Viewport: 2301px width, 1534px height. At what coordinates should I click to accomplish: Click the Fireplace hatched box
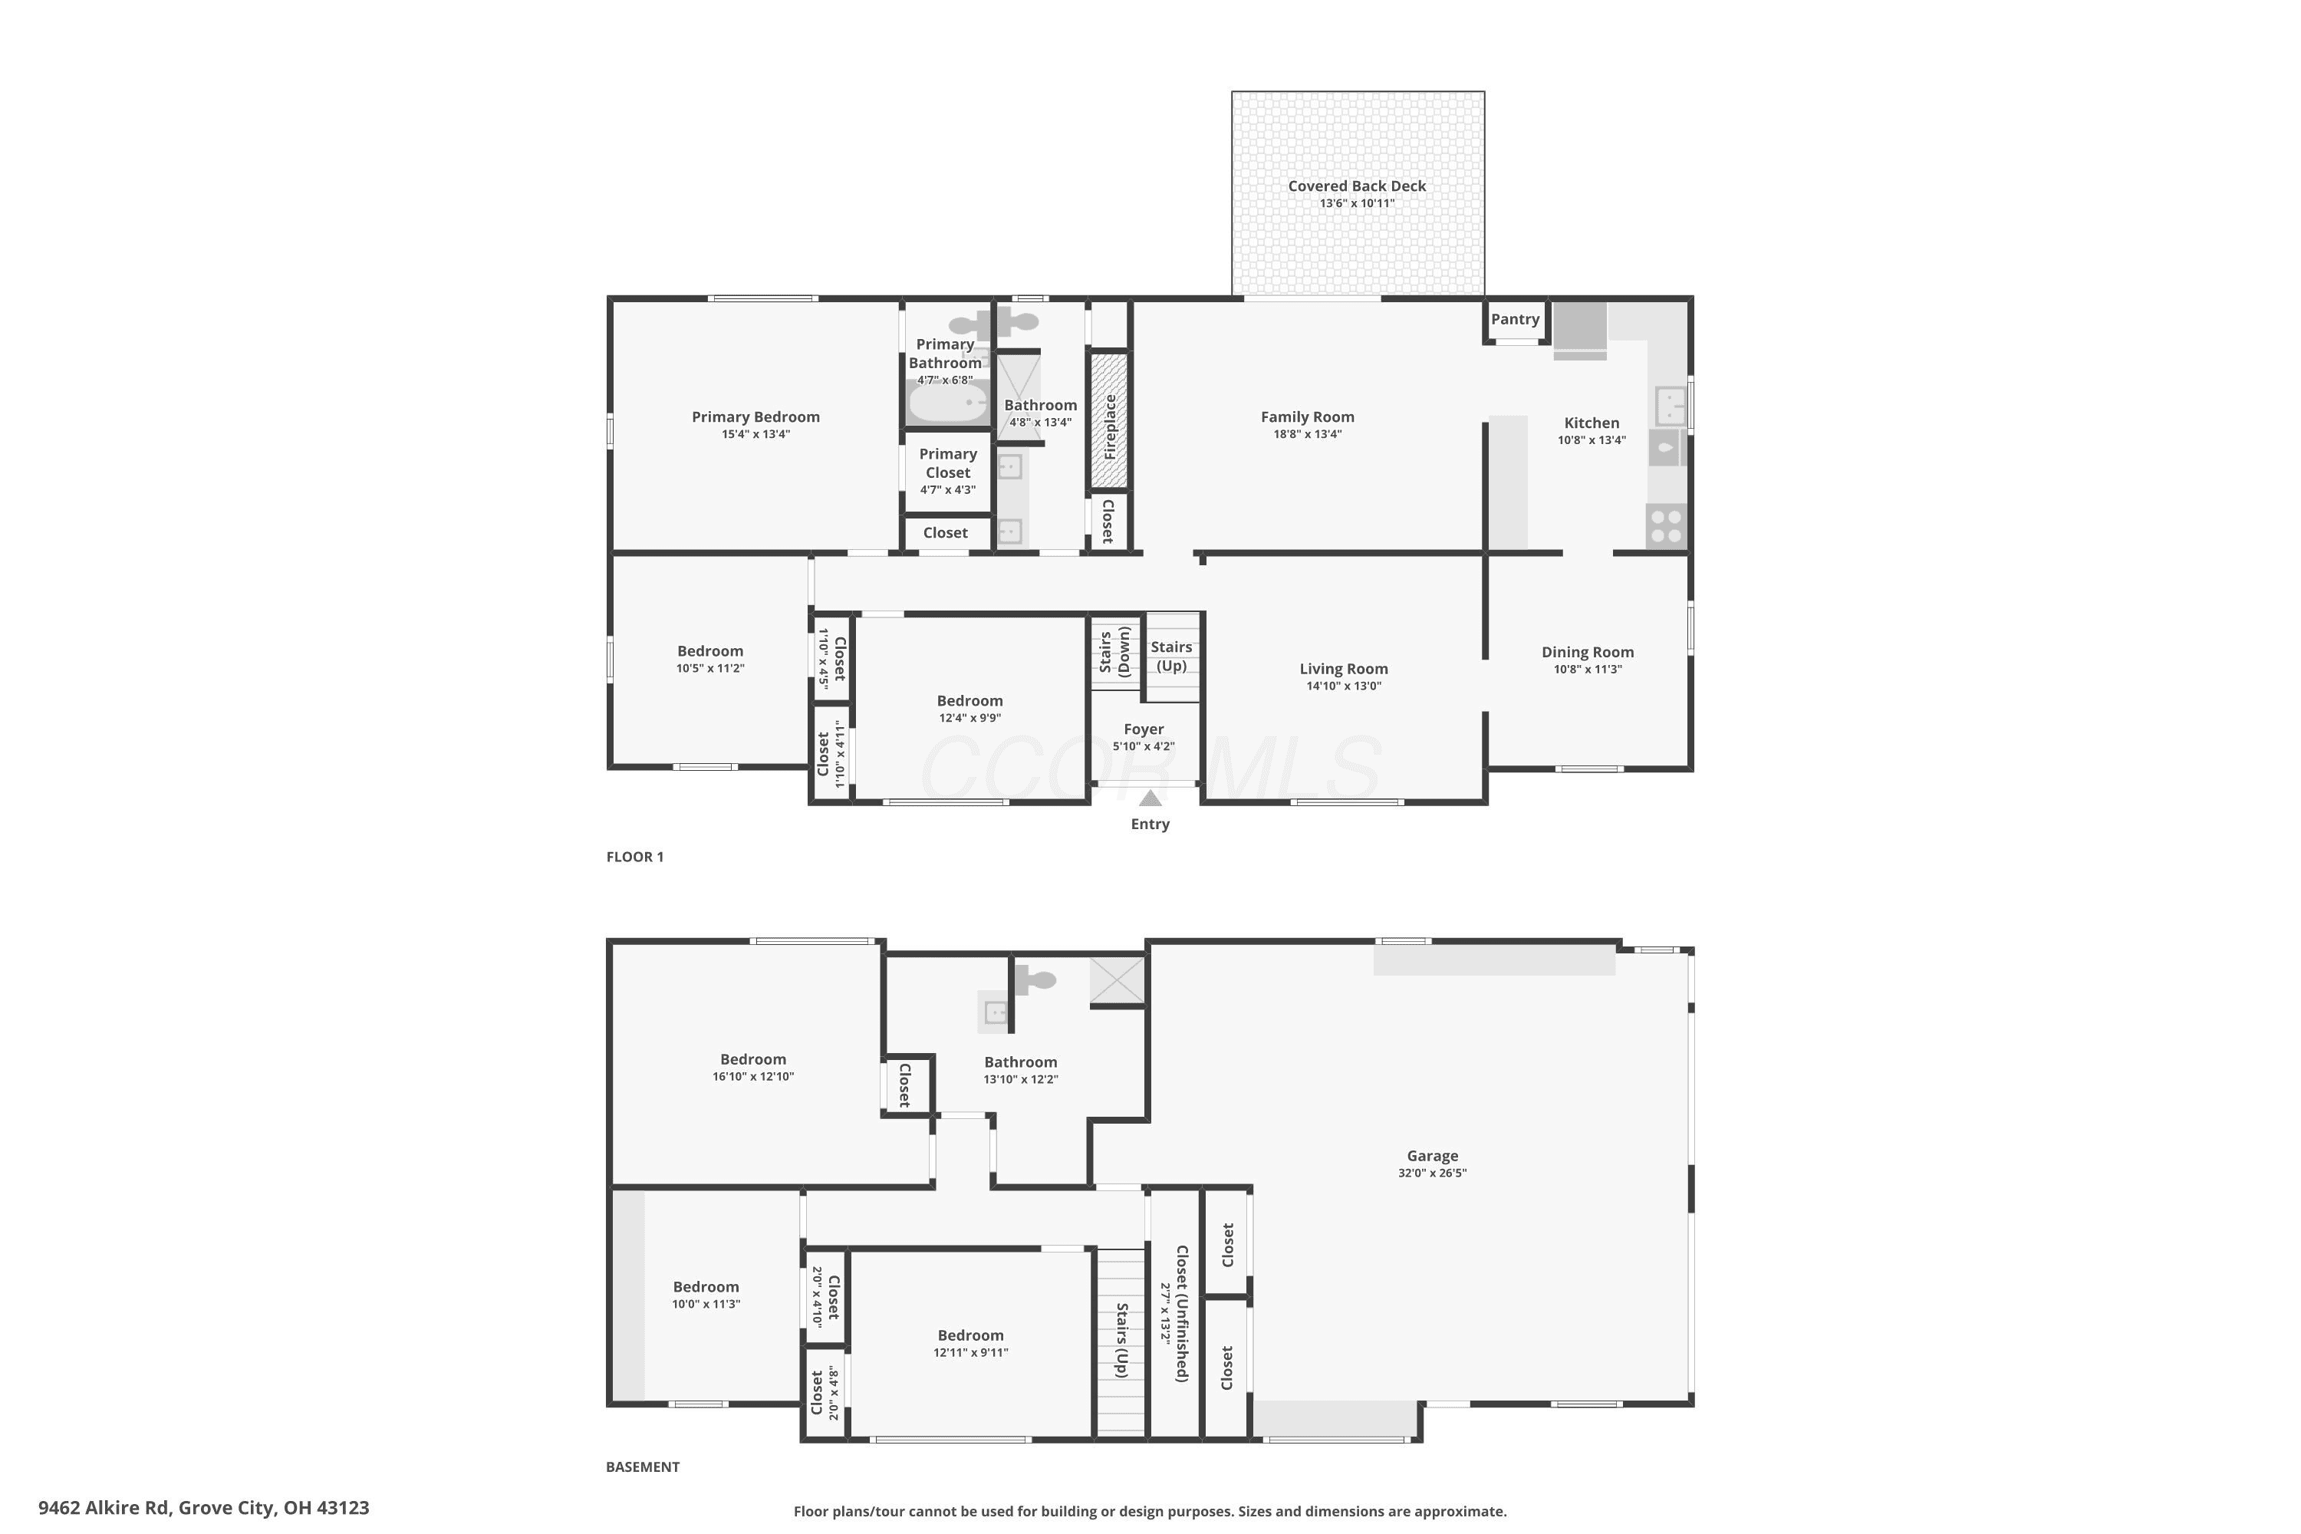[1109, 420]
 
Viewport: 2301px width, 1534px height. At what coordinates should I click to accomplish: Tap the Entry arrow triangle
[1150, 798]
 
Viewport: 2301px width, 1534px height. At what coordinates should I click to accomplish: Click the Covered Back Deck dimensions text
[1357, 203]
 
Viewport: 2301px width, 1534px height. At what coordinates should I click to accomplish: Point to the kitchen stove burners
[1666, 525]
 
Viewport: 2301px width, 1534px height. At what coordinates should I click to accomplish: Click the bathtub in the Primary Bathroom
[948, 402]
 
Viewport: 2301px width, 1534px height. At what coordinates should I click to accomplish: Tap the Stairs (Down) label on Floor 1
[1115, 653]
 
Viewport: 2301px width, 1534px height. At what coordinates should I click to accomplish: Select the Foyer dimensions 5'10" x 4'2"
[1144, 746]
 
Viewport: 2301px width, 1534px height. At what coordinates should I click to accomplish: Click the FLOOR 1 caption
[635, 857]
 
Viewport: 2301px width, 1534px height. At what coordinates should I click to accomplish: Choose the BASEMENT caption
[643, 1467]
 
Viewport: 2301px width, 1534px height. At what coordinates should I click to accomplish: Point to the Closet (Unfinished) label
[1182, 1314]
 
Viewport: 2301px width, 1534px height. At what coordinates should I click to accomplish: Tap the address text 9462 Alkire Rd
[104, 1508]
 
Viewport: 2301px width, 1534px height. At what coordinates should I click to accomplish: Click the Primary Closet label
[948, 463]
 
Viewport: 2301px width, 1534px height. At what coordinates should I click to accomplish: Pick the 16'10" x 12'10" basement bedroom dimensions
[753, 1077]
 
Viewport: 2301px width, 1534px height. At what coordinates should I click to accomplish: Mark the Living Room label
[1343, 669]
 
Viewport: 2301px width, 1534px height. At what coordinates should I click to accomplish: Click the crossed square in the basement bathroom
[1118, 980]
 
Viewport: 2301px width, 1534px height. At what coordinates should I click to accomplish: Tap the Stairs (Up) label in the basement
[1122, 1340]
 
